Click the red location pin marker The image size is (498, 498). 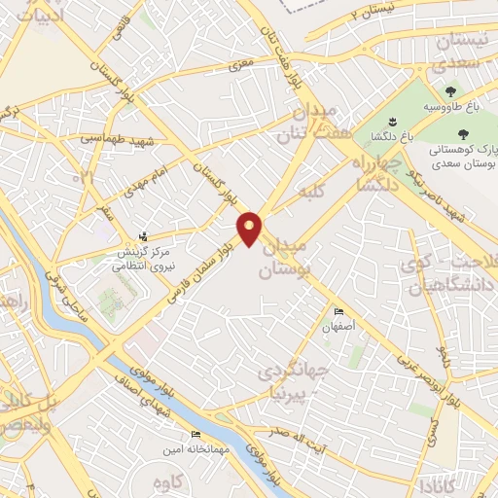(x=251, y=230)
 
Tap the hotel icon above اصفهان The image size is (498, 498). (x=338, y=312)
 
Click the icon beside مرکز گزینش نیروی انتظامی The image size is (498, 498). (x=144, y=236)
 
